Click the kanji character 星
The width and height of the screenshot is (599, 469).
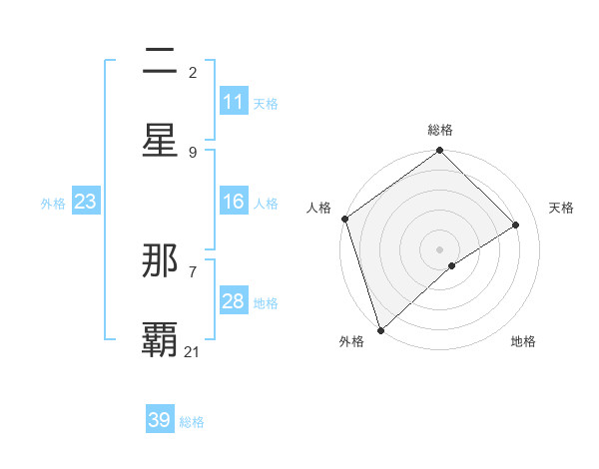tap(161, 141)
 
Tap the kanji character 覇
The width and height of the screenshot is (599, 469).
tap(161, 339)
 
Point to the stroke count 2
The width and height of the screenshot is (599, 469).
tap(193, 72)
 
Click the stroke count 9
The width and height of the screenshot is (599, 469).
tap(193, 152)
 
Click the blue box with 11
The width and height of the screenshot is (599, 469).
tap(234, 102)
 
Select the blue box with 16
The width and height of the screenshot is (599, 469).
tap(234, 202)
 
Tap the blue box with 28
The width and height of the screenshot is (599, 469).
tap(234, 301)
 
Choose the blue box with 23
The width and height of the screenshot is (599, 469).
tap(86, 202)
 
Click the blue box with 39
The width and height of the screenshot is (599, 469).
tap(160, 420)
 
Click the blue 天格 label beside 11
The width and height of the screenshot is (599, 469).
tap(266, 103)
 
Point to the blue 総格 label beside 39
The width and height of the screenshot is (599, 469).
tap(192, 421)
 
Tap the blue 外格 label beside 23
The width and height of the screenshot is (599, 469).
tap(53, 203)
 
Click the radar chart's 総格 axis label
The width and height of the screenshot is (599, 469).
tap(440, 130)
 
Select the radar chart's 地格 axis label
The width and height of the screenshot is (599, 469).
tap(523, 341)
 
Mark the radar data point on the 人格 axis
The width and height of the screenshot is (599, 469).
tap(344, 219)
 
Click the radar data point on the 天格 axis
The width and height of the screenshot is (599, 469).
tap(516, 225)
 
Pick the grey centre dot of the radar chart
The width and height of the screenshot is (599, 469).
tap(440, 248)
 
